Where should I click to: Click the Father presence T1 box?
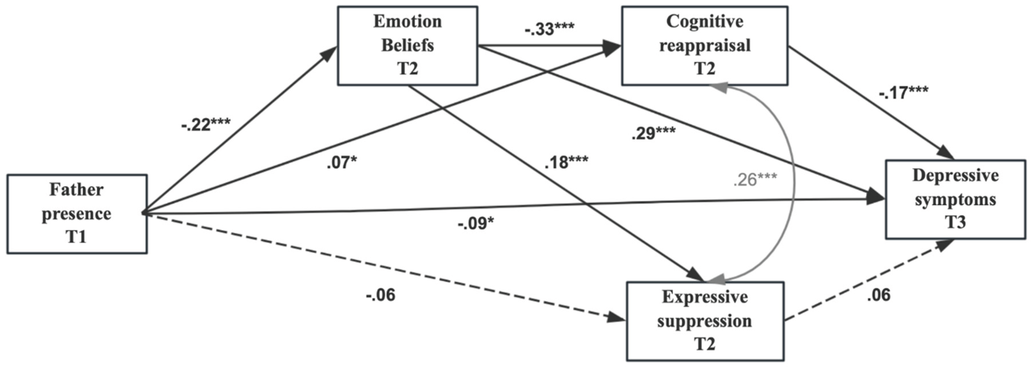[x=77, y=213]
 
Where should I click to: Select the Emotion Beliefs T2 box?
[x=407, y=45]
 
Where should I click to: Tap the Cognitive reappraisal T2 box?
[x=705, y=45]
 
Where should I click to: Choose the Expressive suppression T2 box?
[x=705, y=321]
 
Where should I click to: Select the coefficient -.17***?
[x=903, y=93]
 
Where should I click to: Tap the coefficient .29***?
[x=654, y=133]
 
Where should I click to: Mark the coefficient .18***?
[x=566, y=163]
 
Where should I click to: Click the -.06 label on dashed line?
[x=380, y=296]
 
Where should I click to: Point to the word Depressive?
[x=955, y=175]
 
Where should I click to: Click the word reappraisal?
[x=705, y=45]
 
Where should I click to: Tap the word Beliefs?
[x=407, y=45]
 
